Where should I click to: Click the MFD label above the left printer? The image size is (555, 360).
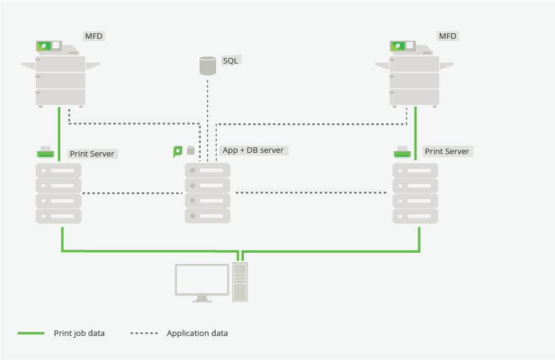[94, 36]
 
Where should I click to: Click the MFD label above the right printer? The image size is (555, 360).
[448, 36]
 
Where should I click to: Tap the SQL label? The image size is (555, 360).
[230, 60]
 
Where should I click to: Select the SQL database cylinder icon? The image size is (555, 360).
[208, 65]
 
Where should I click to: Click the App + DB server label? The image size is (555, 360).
[253, 150]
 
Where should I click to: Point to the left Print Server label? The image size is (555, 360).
[92, 153]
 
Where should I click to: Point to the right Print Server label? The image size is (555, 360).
[447, 151]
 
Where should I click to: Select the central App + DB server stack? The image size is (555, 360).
[208, 193]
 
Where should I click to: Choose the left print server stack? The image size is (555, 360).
[59, 193]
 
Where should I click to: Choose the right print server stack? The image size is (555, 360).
[416, 193]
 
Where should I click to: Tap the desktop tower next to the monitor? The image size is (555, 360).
[240, 282]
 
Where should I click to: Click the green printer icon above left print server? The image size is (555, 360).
[46, 152]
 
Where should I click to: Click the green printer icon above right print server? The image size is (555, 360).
[402, 152]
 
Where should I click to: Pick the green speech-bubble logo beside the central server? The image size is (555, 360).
[178, 151]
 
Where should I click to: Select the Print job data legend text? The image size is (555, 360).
[79, 333]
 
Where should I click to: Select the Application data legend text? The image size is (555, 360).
[197, 333]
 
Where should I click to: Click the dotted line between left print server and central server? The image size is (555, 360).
[132, 193]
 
